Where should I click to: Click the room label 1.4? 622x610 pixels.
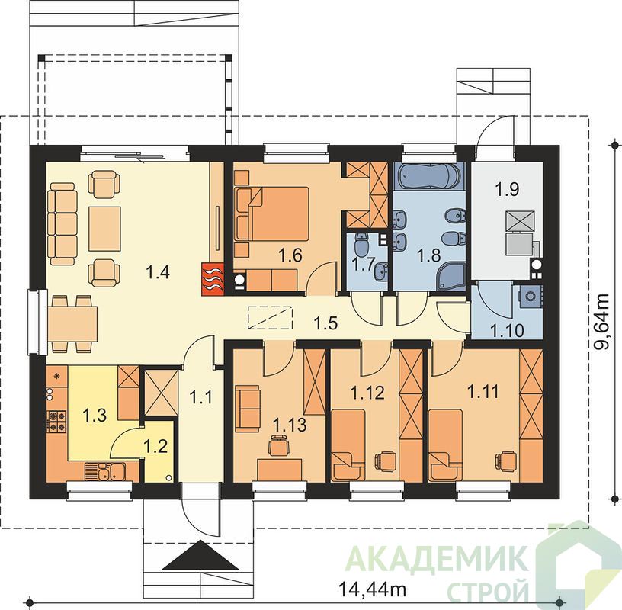tap(158, 272)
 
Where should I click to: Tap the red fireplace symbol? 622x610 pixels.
tap(213, 280)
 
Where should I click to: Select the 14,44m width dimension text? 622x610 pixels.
tap(373, 589)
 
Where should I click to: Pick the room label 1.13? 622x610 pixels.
tap(290, 425)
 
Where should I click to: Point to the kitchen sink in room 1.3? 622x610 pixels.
tap(105, 471)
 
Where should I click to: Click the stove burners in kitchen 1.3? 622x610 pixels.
tap(56, 422)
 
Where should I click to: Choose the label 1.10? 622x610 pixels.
tap(508, 330)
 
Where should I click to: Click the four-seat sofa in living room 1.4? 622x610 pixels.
tap(62, 224)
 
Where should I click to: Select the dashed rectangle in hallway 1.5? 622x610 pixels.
tap(270, 317)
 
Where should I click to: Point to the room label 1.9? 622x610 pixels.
tap(507, 189)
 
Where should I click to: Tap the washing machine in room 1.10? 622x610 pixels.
tap(530, 296)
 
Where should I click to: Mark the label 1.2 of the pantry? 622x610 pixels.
tap(155, 447)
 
